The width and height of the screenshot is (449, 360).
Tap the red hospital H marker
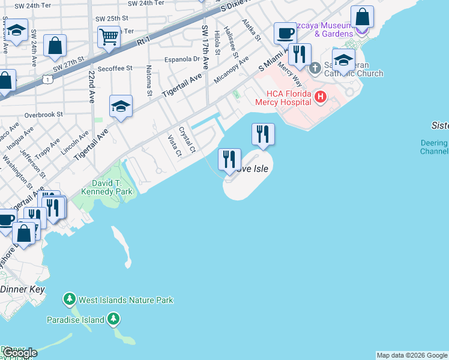tap(321, 96)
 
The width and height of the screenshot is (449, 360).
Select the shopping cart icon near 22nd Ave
tap(109, 36)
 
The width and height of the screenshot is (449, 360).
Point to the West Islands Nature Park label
tap(125, 299)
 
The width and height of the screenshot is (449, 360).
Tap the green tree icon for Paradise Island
tap(113, 320)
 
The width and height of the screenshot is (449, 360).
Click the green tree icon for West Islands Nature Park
tap(70, 299)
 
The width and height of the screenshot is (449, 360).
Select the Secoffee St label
tap(113, 68)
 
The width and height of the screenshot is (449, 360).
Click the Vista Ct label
tap(174, 145)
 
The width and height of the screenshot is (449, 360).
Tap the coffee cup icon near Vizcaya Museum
tap(286, 32)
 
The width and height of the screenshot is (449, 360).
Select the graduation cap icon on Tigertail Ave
tap(121, 106)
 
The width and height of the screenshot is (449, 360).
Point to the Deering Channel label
tap(434, 148)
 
